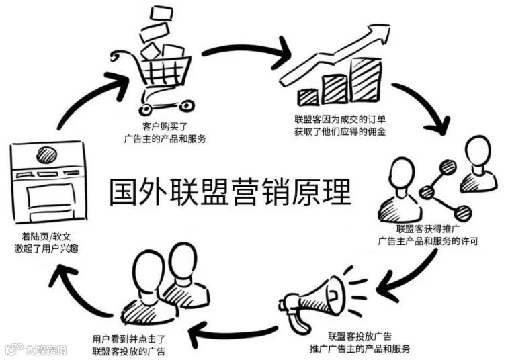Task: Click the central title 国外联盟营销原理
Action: coord(230,191)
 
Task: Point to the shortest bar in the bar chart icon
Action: coord(309,95)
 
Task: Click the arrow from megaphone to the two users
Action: coord(231,329)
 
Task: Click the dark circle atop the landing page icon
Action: coord(48,152)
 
